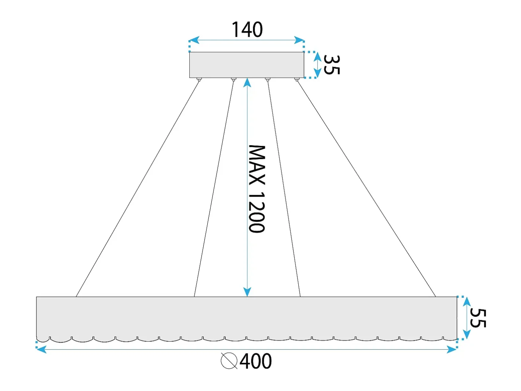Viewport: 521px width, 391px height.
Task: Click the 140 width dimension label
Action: tap(247, 29)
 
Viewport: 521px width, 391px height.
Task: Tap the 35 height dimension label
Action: tap(332, 65)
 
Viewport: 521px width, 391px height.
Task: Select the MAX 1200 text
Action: tap(256, 189)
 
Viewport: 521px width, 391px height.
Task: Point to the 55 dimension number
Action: tap(478, 318)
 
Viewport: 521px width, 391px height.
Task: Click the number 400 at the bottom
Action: tap(256, 361)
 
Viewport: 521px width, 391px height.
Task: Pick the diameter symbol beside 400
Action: tap(229, 361)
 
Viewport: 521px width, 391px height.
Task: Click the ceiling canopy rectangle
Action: tap(247, 65)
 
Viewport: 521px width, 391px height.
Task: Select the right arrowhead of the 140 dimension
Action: tap(299, 40)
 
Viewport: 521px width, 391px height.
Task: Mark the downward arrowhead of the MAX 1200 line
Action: tap(247, 292)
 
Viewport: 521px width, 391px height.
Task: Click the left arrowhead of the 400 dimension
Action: tap(42, 349)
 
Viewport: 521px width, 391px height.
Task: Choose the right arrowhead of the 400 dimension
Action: tap(451, 349)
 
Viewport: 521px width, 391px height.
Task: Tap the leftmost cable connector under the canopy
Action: tap(199, 80)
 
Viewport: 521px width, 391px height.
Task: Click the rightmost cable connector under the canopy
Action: tap(296, 80)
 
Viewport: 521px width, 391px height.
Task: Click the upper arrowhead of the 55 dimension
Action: tap(467, 302)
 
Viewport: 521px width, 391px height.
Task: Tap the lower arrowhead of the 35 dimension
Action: tap(317, 73)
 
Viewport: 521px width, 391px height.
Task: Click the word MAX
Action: tap(256, 165)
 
